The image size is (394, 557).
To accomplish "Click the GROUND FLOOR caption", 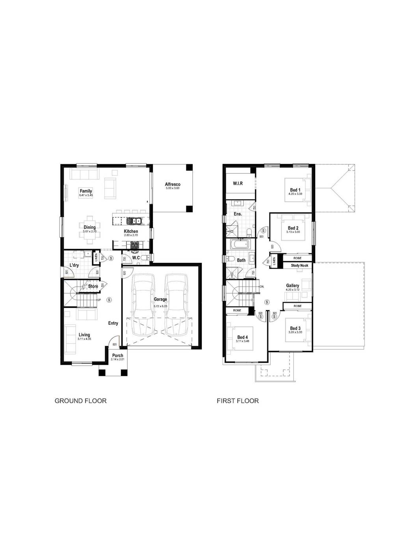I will (x=80, y=401).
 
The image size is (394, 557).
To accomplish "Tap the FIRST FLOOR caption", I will (x=238, y=401).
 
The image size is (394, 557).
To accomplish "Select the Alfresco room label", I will (x=173, y=184).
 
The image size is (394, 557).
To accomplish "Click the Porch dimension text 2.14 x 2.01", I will (x=117, y=359).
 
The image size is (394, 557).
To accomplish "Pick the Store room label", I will (x=93, y=286).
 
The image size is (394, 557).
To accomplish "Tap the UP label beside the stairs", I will (x=99, y=300).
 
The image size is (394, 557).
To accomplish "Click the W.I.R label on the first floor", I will (x=238, y=184).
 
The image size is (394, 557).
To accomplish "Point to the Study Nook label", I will (x=299, y=266).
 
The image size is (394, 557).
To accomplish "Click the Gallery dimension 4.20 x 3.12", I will (x=293, y=290).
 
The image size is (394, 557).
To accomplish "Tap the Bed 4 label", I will (x=243, y=337).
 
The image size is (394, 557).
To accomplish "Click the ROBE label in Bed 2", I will (x=297, y=258).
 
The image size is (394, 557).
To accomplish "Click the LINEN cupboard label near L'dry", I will (x=96, y=258).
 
